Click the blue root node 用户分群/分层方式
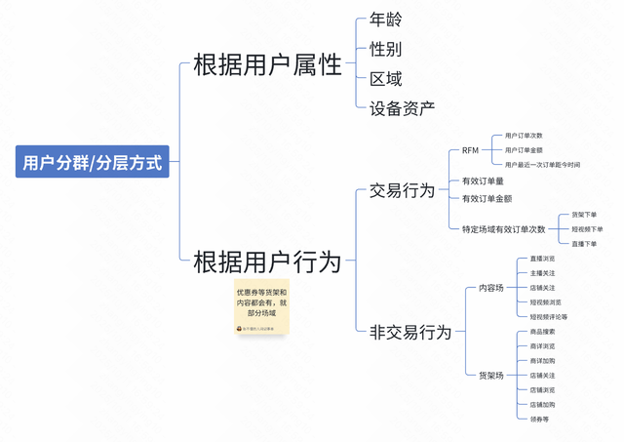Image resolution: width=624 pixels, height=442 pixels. click(x=92, y=162)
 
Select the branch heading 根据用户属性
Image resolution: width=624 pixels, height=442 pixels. click(x=267, y=64)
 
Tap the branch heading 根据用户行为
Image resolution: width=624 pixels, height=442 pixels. click(x=267, y=261)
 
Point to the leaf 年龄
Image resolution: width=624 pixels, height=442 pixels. click(x=385, y=20)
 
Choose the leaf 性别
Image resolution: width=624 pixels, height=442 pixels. click(x=385, y=49)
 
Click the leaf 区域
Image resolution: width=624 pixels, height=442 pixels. click(x=385, y=79)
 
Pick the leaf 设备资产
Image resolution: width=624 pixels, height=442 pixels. click(x=402, y=108)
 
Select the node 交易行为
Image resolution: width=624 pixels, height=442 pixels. click(x=402, y=190)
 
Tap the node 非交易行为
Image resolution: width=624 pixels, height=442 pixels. click(x=409, y=332)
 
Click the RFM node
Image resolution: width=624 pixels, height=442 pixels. click(x=470, y=151)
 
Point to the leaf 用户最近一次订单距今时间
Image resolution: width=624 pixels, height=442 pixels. click(x=542, y=165)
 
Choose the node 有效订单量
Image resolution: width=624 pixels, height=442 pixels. click(x=483, y=181)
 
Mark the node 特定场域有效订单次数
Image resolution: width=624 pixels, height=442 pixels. click(x=503, y=229)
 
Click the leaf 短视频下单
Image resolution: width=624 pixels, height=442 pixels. click(x=587, y=229)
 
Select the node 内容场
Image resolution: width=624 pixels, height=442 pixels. click(x=491, y=288)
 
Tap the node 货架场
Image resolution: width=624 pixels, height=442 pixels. click(x=491, y=376)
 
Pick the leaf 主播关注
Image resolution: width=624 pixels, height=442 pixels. click(x=542, y=273)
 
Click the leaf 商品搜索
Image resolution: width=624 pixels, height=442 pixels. click(x=542, y=332)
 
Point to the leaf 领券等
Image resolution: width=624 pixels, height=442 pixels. click(x=539, y=420)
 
